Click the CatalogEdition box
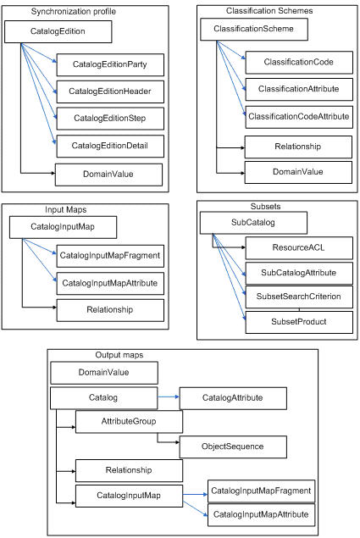tap(58, 31)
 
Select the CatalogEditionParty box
tap(110, 64)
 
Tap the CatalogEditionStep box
tap(110, 119)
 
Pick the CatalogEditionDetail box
tap(110, 147)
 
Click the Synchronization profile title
tap(74, 11)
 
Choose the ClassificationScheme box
tap(254, 29)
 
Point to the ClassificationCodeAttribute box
tap(299, 117)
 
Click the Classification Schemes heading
tap(269, 11)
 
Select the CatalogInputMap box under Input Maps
tap(63, 227)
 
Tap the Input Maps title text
tap(65, 209)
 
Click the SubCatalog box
tap(253, 223)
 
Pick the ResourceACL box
tap(299, 247)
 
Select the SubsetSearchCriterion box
tap(299, 297)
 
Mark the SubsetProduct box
tap(299, 322)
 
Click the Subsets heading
tap(265, 206)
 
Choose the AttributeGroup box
tap(129, 422)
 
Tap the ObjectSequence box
tap(233, 446)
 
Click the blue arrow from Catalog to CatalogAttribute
tap(169, 397)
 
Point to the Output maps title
tap(119, 355)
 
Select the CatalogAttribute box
tap(233, 398)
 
